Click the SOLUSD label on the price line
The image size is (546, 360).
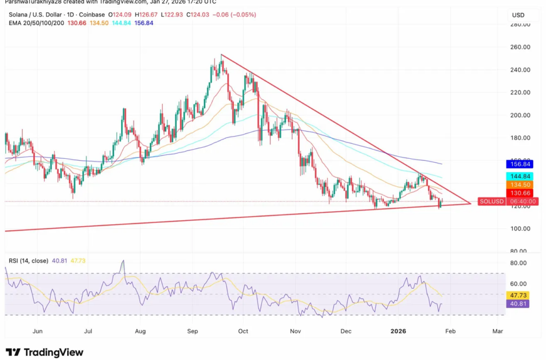coord(490,202)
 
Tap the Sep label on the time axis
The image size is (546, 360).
coord(192,331)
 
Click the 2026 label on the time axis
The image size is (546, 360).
coord(398,331)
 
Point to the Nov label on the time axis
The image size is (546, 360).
coord(295,331)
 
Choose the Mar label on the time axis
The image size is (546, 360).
coord(497,331)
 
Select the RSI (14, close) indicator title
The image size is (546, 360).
coord(28,261)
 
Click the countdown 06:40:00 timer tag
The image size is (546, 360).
coord(523,202)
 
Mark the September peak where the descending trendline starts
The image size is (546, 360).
coord(221,55)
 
